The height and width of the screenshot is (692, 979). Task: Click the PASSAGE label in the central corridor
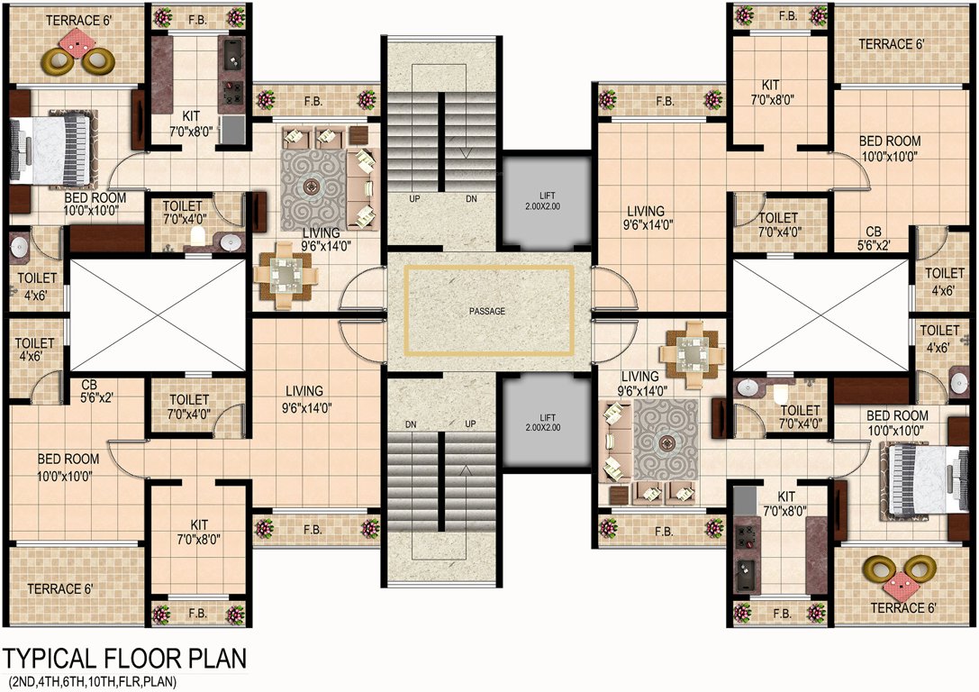click(x=487, y=311)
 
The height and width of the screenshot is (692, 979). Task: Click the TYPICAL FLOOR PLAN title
click(x=124, y=659)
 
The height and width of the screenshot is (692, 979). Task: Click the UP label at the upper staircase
click(x=415, y=198)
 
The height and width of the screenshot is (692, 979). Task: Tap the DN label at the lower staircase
click(x=412, y=423)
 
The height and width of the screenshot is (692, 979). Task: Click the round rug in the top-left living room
click(x=313, y=188)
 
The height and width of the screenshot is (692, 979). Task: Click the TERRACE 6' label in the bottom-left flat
click(x=59, y=588)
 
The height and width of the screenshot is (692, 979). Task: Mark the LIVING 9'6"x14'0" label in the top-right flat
click(x=646, y=218)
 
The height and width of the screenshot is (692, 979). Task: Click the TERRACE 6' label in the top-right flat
click(x=891, y=44)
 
